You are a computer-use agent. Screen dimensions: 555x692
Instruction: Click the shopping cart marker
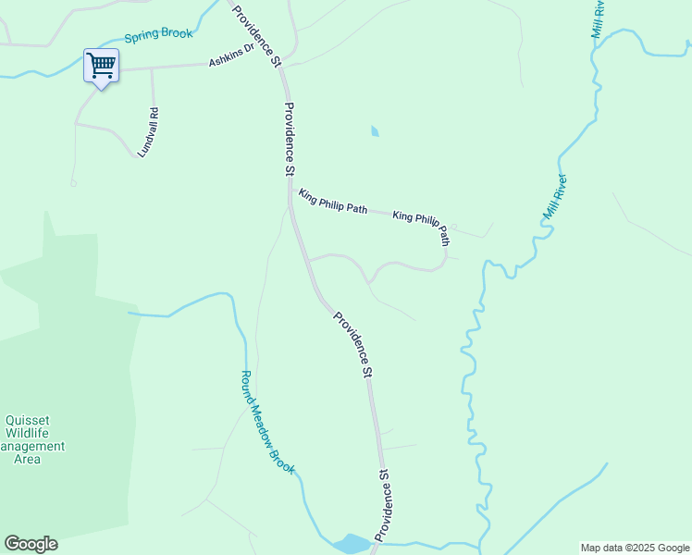pos(101,67)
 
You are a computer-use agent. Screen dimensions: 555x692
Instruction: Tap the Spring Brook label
pos(158,35)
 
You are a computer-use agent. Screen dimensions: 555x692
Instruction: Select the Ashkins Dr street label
pos(231,55)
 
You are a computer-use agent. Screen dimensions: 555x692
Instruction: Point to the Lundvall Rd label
pos(148,132)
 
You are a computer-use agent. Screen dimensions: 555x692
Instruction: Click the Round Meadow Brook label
pos(267,423)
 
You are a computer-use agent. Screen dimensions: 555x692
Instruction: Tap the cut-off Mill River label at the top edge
pos(598,18)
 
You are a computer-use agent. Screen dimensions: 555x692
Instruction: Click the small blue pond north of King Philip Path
pos(375,131)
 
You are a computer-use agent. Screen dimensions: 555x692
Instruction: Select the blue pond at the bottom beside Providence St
pos(352,543)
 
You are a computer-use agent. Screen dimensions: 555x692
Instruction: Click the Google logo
pos(31,544)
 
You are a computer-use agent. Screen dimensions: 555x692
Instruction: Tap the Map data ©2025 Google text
pos(634,548)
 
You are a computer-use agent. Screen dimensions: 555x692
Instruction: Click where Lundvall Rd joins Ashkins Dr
pos(152,68)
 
